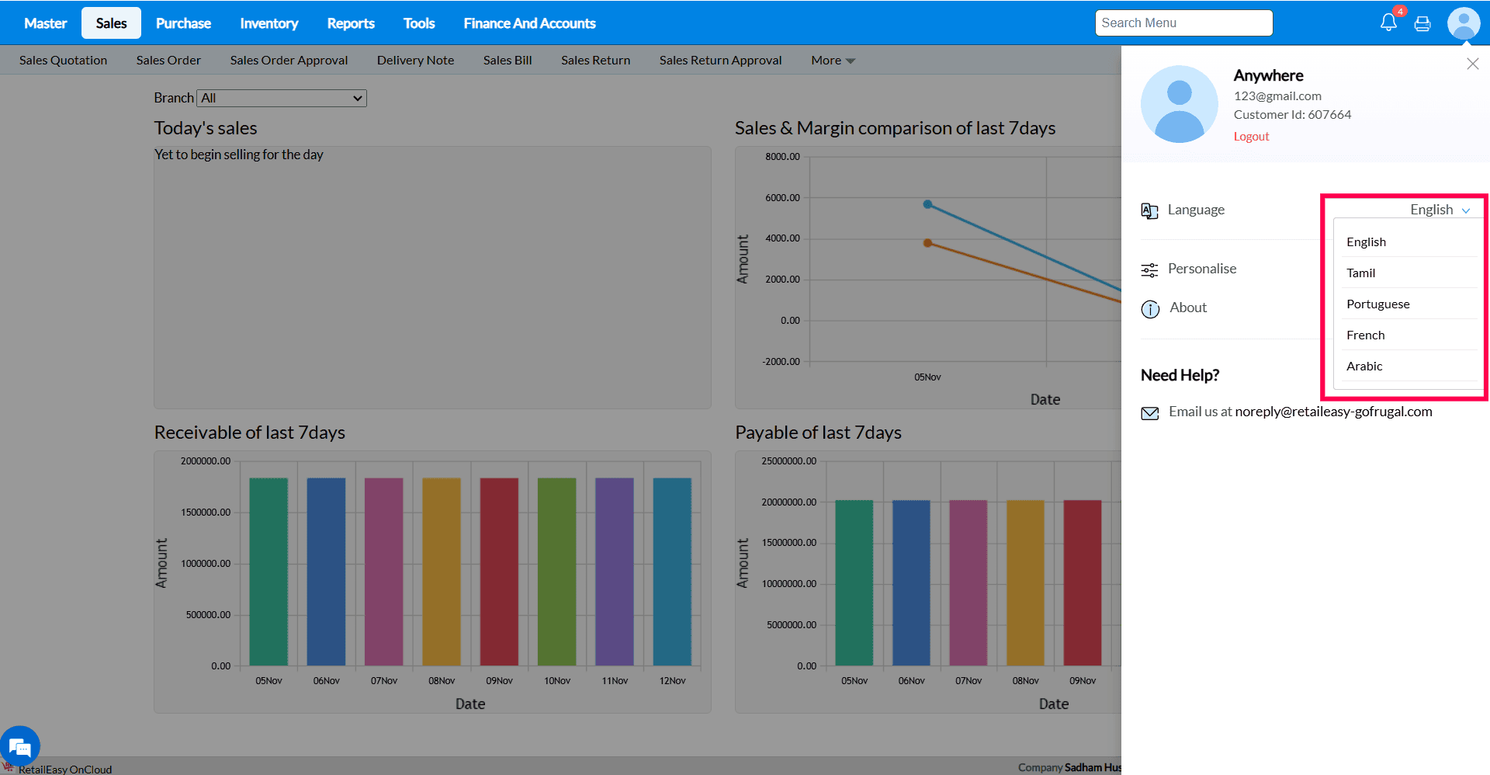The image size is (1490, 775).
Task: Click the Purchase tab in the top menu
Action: (x=183, y=23)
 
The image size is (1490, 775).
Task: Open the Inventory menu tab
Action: (x=269, y=23)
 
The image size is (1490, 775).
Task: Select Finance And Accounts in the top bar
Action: (x=529, y=23)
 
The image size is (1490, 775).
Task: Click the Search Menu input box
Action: (x=1183, y=23)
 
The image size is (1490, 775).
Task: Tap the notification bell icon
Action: (x=1388, y=23)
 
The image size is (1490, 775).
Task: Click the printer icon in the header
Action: (x=1422, y=23)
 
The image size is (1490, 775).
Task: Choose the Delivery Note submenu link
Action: (x=415, y=60)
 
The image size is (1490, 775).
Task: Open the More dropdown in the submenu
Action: (x=833, y=60)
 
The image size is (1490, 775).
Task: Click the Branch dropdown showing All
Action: (x=282, y=98)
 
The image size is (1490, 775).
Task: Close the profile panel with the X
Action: (x=1472, y=64)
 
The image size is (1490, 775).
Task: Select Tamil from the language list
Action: (x=1361, y=273)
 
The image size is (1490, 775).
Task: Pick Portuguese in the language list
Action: (x=1378, y=304)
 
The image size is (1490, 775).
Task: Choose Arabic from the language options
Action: (x=1364, y=366)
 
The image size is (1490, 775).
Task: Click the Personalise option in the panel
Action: (x=1201, y=269)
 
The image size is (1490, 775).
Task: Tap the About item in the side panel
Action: (x=1187, y=308)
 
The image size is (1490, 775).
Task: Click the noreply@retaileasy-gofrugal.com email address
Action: (x=1333, y=412)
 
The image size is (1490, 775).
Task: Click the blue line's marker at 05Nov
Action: (x=927, y=204)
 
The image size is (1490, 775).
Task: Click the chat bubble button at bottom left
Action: (x=20, y=746)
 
